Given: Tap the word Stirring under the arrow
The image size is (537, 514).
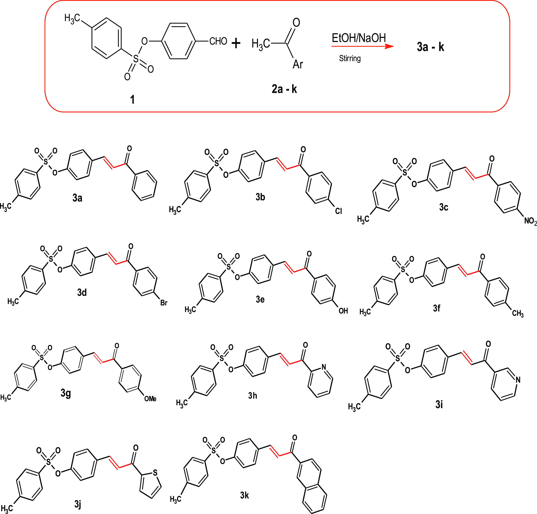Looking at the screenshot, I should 350,58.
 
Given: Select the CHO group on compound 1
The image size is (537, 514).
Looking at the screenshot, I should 218,41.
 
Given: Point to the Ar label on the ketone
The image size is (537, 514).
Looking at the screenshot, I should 298,64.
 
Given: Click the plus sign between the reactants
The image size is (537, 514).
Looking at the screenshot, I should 236,43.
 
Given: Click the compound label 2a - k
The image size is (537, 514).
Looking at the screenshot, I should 284,89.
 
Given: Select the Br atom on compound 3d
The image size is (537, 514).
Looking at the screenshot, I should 164,303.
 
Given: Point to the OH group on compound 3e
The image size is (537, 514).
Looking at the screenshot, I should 343,311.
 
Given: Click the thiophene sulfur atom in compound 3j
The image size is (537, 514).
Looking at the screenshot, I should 155,473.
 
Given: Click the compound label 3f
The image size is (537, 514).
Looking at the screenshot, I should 436,308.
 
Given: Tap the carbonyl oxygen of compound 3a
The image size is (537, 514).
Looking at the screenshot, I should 129,149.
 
